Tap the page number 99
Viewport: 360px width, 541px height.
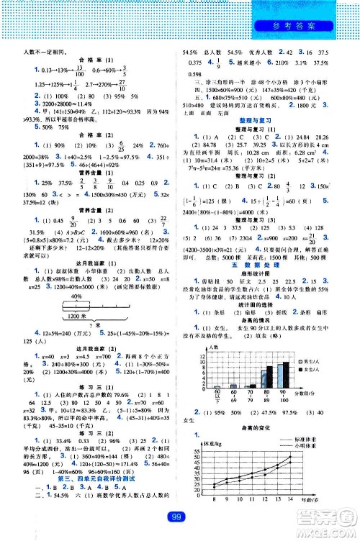(179, 515)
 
